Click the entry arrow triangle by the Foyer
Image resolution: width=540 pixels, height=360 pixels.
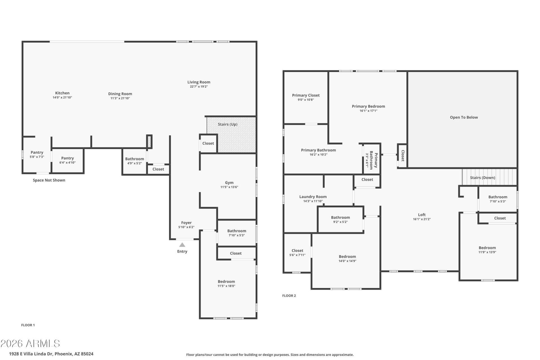tap(182, 245)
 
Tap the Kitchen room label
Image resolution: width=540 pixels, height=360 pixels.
tap(62, 93)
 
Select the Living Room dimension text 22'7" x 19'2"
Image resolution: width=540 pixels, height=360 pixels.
tap(199, 87)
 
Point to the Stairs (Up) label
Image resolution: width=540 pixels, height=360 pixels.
tap(228, 124)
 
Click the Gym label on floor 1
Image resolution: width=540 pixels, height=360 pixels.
tap(229, 183)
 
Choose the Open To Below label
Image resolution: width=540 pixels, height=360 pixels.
tap(464, 117)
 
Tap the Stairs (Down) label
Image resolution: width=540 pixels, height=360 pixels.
tap(483, 178)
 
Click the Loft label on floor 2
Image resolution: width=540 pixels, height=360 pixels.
tap(422, 215)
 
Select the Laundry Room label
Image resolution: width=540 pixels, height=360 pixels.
tap(313, 197)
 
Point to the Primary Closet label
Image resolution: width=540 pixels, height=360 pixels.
tap(306, 95)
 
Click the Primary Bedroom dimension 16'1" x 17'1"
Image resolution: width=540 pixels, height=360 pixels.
tap(368, 111)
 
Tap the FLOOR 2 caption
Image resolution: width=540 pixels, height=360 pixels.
tap(289, 296)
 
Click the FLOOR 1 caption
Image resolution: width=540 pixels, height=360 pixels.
tap(28, 325)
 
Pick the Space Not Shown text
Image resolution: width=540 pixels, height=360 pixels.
tap(49, 180)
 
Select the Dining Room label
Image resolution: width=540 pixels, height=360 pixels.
tap(120, 94)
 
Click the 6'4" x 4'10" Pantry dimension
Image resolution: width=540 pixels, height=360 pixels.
tap(67, 163)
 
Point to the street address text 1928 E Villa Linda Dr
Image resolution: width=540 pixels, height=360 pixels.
tap(31, 354)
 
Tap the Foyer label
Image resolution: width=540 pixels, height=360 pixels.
tap(186, 223)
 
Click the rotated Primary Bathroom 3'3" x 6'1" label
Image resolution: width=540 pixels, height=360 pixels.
tap(371, 160)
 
